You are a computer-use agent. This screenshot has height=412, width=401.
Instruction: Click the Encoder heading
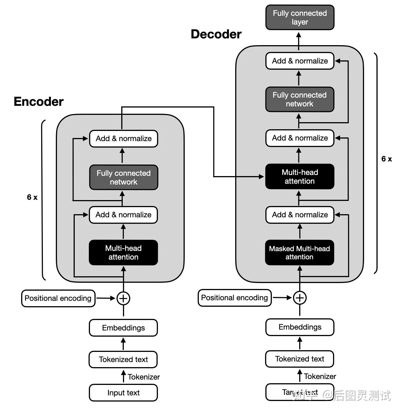coord(39,102)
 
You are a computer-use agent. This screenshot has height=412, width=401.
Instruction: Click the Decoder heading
coord(216,34)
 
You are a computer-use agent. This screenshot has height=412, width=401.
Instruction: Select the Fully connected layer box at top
coord(300,17)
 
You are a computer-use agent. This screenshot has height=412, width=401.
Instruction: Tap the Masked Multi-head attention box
coord(299,253)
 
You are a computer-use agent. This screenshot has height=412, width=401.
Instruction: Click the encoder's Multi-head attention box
coord(123,253)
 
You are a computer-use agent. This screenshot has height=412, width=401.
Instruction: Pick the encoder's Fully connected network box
coord(124,177)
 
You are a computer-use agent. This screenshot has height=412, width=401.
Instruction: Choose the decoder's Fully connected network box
coord(300,99)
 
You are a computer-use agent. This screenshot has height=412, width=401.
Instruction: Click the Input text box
coord(123,393)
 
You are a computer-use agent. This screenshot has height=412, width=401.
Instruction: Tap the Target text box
coord(300,392)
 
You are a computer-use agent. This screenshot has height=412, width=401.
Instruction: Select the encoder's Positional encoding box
coord(58,298)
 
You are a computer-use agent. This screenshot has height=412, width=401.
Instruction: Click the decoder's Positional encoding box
coord(235,298)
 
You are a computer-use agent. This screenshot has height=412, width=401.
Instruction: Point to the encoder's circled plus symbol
coord(123,298)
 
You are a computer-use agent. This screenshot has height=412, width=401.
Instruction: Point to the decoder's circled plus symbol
coord(300,298)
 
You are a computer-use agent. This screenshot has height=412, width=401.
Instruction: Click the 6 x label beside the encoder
coord(32,197)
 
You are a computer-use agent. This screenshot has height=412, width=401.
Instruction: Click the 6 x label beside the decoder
coord(387,159)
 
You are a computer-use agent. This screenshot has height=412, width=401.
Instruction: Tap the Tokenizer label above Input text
coord(144,377)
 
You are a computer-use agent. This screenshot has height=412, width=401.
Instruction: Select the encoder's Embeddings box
coord(123,328)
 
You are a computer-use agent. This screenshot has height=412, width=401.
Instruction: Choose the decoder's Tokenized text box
coord(299,359)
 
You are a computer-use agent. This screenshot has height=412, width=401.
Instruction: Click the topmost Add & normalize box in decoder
coord(300,61)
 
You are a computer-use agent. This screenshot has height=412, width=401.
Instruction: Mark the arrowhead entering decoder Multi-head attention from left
coord(261,177)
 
